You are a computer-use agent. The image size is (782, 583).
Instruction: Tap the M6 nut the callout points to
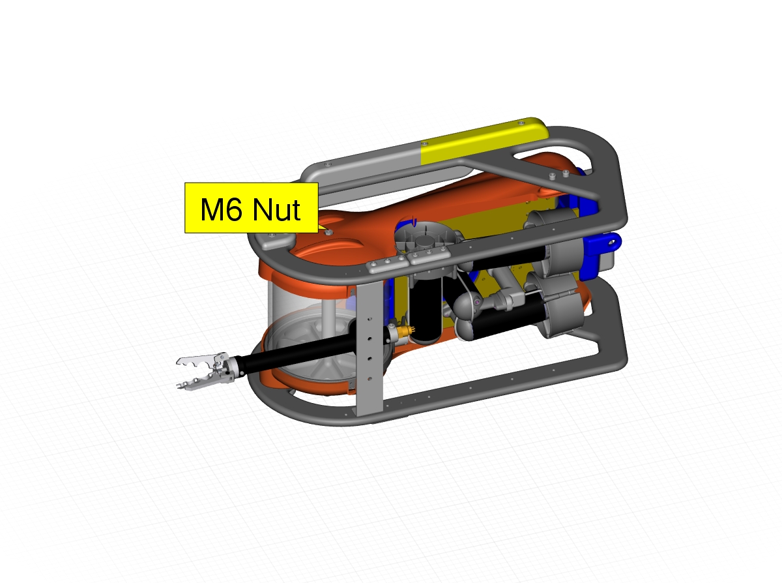pyautogui.click(x=328, y=232)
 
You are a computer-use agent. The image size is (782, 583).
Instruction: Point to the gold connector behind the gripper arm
pyautogui.click(x=405, y=331)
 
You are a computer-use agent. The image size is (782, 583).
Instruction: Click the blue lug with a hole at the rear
pyautogui.click(x=602, y=244)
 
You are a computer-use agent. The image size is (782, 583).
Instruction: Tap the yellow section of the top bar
pyautogui.click(x=483, y=141)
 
